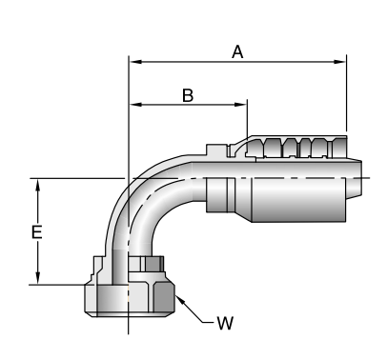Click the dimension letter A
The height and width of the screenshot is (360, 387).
pos(237,52)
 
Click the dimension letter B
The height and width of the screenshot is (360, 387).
pos(188,95)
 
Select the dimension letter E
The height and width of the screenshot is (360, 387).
pos(37,232)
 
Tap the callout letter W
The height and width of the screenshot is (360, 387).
pos(225,323)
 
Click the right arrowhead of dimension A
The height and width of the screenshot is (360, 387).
pos(339,62)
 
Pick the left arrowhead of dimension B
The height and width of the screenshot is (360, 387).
pos(136,105)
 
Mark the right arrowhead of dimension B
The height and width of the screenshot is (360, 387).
pos(240,105)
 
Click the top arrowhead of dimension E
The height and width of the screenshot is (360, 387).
pos(38,186)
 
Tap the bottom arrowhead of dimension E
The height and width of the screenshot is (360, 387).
pos(38,277)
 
